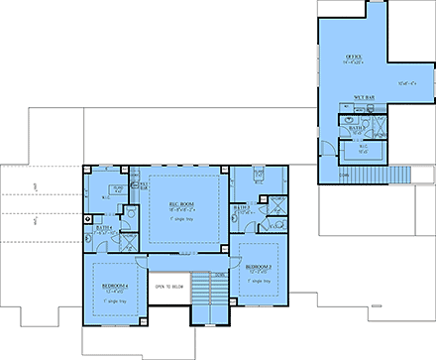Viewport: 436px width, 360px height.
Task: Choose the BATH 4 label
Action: point(104,229)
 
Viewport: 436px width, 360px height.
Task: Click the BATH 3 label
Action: point(241,207)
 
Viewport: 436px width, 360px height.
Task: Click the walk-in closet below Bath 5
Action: point(362,152)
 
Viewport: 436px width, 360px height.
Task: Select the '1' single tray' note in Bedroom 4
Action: point(116,300)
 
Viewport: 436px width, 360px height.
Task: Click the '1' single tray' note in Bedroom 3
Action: point(260,282)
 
